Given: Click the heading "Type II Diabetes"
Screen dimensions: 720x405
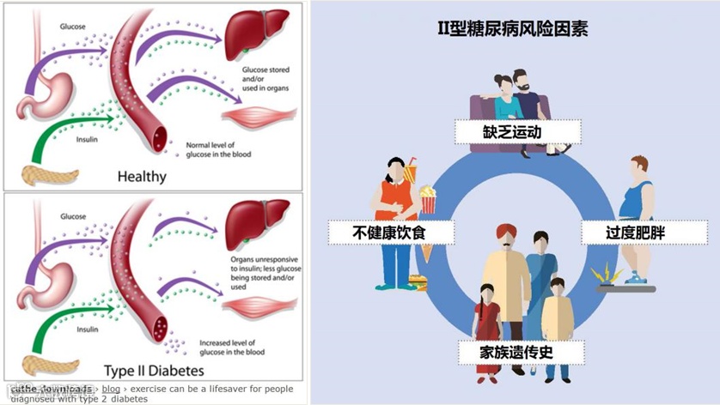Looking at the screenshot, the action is (155, 371).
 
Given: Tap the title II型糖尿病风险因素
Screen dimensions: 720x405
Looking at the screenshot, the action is (513, 29).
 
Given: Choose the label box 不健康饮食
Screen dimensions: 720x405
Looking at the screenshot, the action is (378, 232).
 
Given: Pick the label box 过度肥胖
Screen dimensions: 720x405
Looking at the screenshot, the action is (637, 232).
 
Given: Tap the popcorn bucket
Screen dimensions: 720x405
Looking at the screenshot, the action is (427, 201).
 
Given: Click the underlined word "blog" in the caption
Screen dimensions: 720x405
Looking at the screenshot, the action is (111, 390).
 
